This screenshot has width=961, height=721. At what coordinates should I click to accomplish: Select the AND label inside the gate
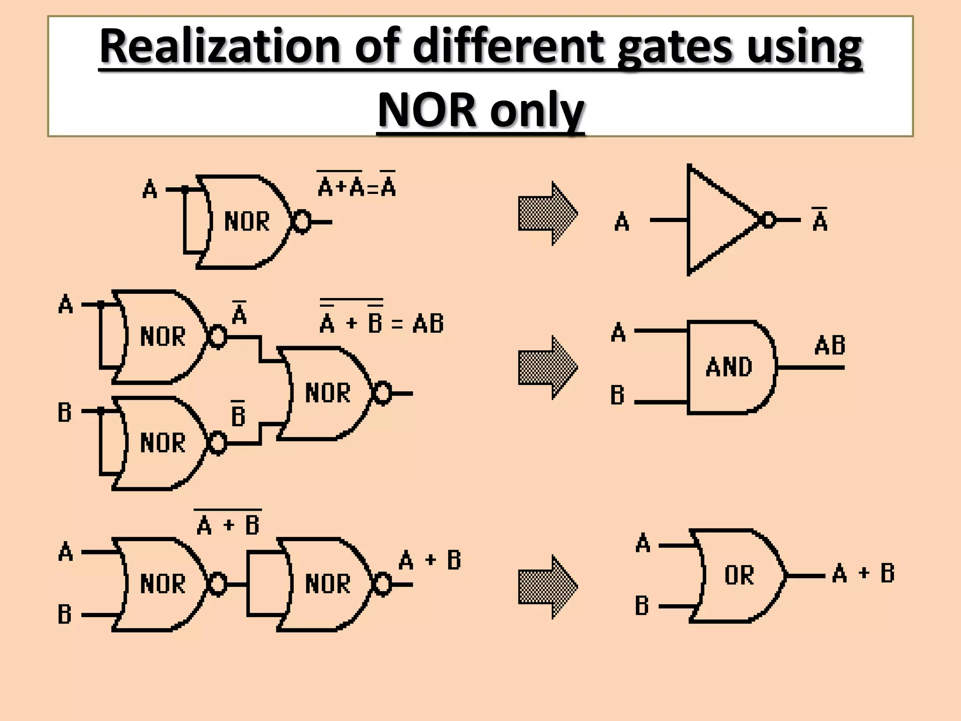click(x=728, y=367)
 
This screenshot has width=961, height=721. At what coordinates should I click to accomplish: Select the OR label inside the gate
click(x=739, y=575)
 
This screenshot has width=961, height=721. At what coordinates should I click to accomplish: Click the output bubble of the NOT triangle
click(x=768, y=220)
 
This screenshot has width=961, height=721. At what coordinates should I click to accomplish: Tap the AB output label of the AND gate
click(x=830, y=346)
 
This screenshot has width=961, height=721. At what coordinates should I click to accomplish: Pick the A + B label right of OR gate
click(x=863, y=574)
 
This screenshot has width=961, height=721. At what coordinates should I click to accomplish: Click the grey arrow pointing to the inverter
click(x=547, y=214)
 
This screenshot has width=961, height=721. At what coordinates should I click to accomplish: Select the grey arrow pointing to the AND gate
click(x=547, y=368)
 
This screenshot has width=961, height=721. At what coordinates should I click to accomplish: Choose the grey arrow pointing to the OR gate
click(x=547, y=587)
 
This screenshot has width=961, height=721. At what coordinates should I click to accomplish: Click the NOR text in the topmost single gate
click(x=247, y=222)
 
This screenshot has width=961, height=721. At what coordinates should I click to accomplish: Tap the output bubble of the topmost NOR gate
click(x=301, y=222)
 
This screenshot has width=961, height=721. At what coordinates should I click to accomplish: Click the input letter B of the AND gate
click(x=618, y=395)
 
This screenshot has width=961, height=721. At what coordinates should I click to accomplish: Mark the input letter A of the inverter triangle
click(x=622, y=222)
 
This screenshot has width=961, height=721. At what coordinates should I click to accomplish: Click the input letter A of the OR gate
click(x=643, y=544)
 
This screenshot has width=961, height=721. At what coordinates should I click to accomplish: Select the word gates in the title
click(x=674, y=47)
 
